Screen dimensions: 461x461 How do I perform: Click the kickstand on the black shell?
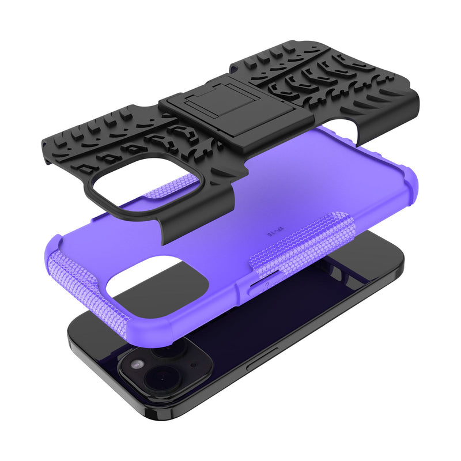[x=236, y=109]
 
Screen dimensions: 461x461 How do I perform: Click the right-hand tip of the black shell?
[x=415, y=98]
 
